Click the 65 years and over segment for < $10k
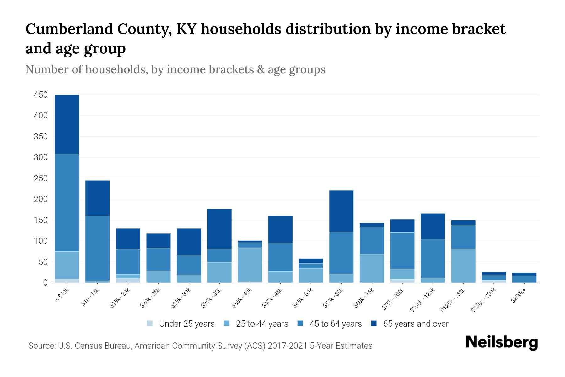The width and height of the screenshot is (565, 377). (x=67, y=124)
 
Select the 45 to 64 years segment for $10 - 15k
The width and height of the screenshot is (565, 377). (x=97, y=248)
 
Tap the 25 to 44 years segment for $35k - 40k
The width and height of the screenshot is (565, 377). (x=250, y=265)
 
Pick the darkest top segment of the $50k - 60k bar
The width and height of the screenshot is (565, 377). (x=341, y=211)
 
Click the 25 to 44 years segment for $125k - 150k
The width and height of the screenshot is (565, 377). (x=463, y=265)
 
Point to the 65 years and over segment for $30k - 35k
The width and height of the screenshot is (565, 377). (x=219, y=229)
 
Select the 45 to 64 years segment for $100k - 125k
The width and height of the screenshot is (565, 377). (x=433, y=259)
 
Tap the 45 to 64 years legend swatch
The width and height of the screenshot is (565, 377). (x=300, y=324)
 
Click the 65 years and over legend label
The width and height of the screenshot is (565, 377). (x=416, y=324)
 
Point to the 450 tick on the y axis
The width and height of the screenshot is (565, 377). (x=41, y=95)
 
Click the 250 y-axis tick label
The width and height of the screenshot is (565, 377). (x=41, y=178)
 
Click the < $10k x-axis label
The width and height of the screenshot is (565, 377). (x=62, y=296)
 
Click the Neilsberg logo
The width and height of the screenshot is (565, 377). (x=502, y=342)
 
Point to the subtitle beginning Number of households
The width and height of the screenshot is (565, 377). (x=175, y=69)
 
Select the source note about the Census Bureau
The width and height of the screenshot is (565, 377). (x=200, y=346)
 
